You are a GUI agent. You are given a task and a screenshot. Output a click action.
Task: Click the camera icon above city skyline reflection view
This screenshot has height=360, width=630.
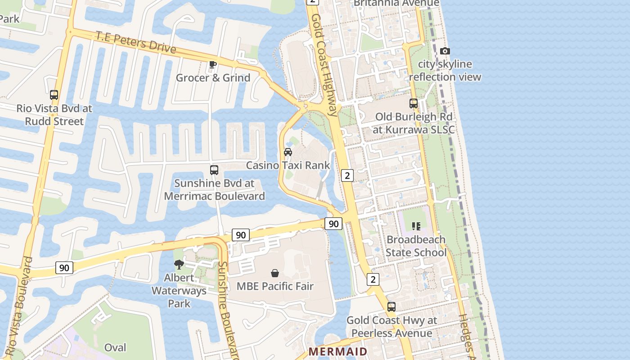pos(445,51)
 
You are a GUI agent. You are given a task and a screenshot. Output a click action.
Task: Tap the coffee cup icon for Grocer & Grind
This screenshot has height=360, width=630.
pos(213,65)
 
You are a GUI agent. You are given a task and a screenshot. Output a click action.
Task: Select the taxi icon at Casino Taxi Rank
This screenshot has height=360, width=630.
pos(288,152)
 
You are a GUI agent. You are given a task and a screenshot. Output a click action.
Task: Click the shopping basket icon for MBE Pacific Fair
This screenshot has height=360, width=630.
pos(275,273)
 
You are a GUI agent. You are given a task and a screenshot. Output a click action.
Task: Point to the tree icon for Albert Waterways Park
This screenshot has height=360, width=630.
pos(179,265)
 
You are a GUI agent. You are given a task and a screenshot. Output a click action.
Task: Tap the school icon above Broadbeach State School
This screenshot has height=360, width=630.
pos(416,226)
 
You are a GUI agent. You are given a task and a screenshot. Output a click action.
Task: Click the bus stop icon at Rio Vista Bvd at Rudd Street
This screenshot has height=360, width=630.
pos(54,95)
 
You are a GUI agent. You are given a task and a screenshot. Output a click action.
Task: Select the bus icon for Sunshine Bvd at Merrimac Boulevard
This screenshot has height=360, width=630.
pos(214,170)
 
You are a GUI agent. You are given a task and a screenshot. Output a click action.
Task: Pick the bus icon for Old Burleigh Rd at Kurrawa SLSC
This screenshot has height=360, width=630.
pos(414,103)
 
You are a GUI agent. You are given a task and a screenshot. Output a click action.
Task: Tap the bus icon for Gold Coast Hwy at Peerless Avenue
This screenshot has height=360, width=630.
pos(391,307)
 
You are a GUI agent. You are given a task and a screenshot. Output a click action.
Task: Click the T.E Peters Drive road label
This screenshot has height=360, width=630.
pos(135,42)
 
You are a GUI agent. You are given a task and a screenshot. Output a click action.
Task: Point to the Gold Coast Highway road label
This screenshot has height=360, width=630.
pos(324,65)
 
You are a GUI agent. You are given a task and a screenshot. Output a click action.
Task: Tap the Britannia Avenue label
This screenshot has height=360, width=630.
pos(396,3)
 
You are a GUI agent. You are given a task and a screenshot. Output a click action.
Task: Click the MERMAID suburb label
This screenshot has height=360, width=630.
pos(338,351)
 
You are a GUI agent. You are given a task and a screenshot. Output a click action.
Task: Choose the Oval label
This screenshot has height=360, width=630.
pos(115,347)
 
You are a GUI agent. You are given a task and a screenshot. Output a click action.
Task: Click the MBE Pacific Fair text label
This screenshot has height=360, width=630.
pos(275,286)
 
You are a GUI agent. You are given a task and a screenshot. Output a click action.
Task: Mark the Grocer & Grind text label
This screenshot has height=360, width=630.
pos(213,78)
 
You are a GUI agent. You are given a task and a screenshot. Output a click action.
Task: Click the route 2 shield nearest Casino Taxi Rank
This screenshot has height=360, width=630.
pos(347,175)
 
